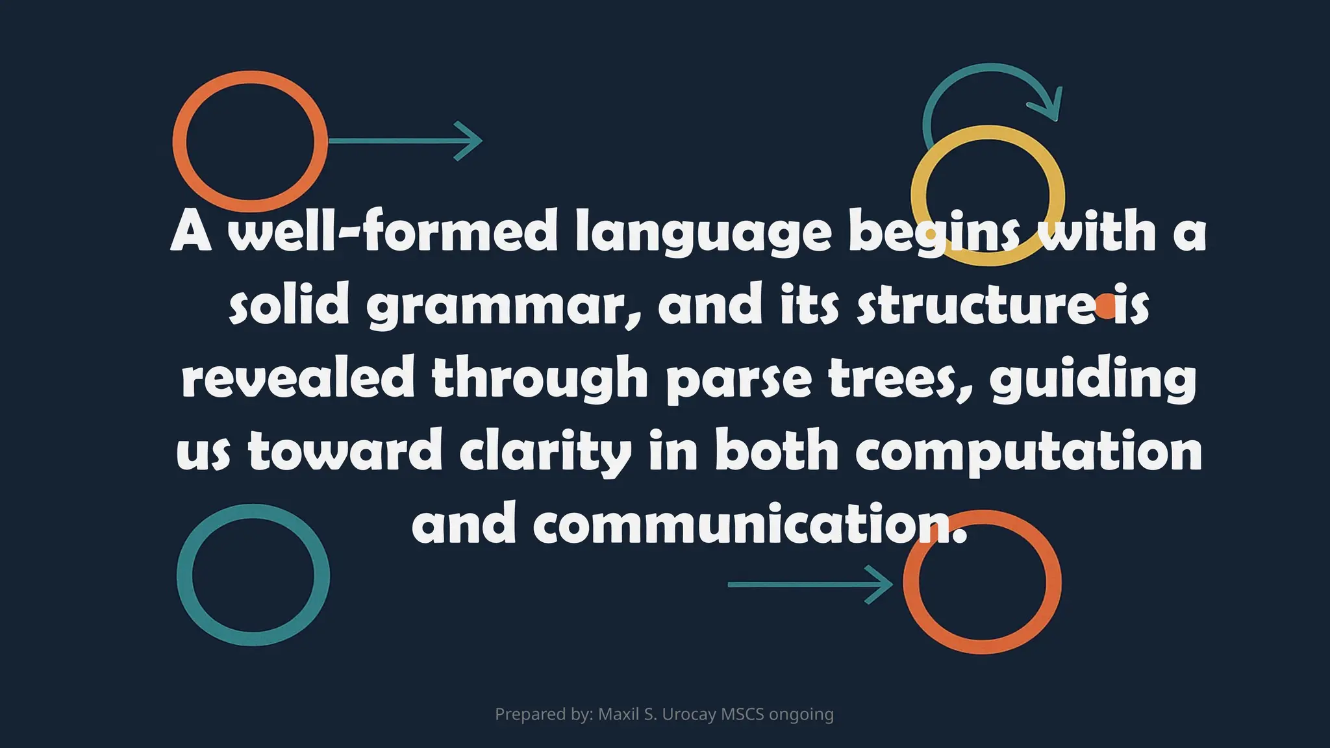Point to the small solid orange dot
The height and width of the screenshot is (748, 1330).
(1105, 306)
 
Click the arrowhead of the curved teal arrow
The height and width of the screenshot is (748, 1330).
(1049, 107)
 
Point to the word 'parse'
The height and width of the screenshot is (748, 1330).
(739, 380)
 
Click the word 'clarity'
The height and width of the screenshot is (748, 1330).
(546, 453)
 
